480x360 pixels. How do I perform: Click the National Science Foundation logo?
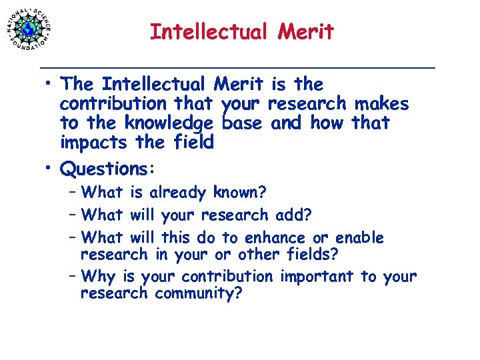click(x=29, y=29)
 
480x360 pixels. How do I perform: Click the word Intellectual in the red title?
click(x=205, y=31)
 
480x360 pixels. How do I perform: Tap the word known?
click(x=240, y=193)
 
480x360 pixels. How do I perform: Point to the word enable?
click(x=359, y=238)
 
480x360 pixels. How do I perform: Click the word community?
click(x=198, y=293)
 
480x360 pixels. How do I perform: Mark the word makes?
click(x=382, y=104)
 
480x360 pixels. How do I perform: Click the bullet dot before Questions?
click(x=50, y=167)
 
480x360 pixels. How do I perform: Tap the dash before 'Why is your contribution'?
click(x=72, y=276)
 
